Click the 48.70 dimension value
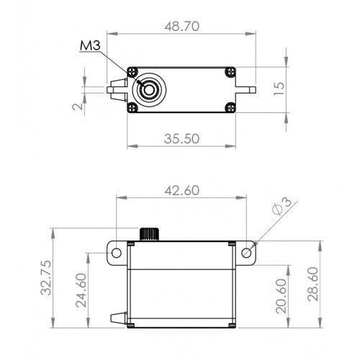(x=182, y=26)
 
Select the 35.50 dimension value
(x=181, y=139)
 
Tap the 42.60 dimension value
(x=182, y=191)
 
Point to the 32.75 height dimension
(x=46, y=277)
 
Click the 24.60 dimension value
(x=81, y=290)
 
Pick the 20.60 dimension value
(x=282, y=296)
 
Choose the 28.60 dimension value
(x=313, y=284)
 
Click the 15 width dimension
(x=279, y=89)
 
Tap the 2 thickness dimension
(x=78, y=107)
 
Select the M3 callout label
(x=90, y=45)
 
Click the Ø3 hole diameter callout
(x=282, y=206)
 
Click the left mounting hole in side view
(x=117, y=253)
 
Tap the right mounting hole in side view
(x=246, y=253)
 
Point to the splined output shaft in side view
(x=149, y=234)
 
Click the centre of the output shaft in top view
(x=149, y=90)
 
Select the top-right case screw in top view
(x=230, y=71)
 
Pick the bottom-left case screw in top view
(x=132, y=107)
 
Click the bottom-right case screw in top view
(x=230, y=107)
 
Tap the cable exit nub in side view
(x=119, y=318)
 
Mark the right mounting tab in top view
(x=246, y=90)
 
